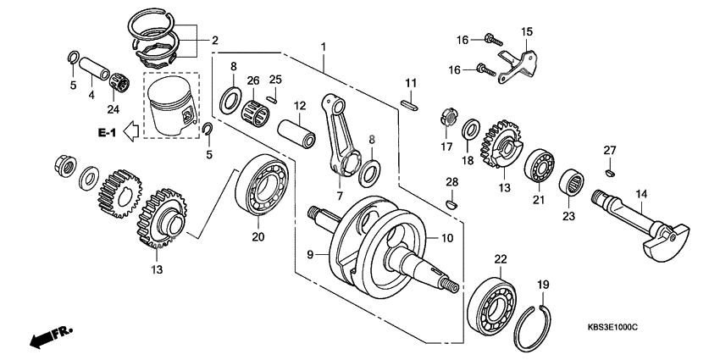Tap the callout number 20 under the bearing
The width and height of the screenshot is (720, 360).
[x=258, y=237]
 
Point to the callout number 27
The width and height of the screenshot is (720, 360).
[x=610, y=150]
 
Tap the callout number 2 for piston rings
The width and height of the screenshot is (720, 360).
[x=214, y=40]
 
